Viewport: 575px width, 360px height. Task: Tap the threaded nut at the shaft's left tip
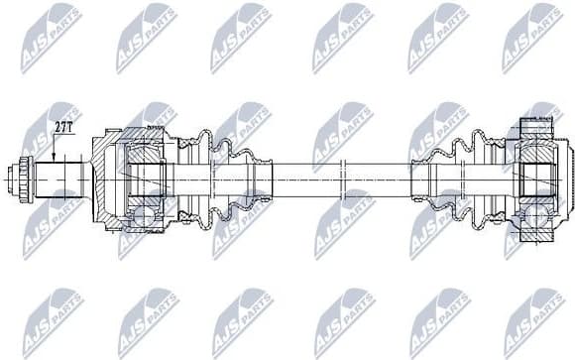click(x=23, y=180)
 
